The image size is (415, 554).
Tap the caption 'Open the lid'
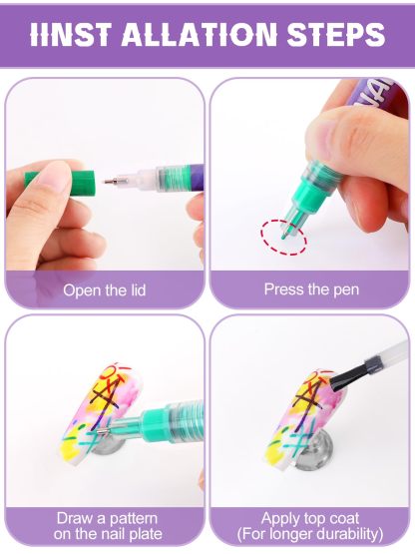(104, 290)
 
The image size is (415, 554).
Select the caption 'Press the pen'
(310, 289)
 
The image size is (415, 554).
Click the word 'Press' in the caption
(284, 289)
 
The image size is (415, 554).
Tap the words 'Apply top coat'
(310, 518)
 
